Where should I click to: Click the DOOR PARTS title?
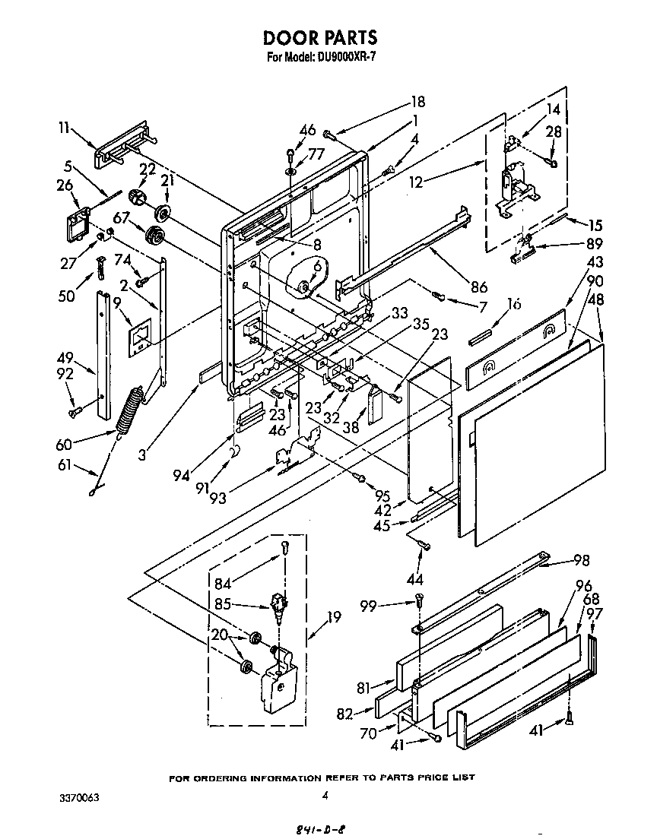320,38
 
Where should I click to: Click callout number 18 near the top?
417,102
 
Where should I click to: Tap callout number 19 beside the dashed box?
333,618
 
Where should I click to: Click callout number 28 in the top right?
554,131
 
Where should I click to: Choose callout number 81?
363,687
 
